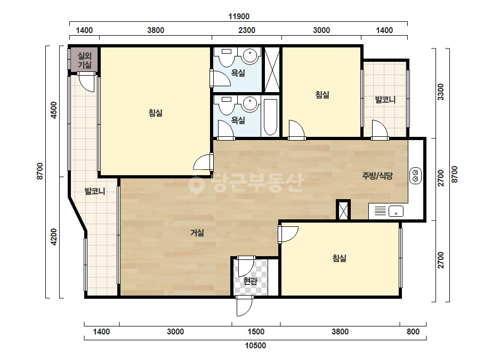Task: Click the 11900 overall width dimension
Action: (239, 17)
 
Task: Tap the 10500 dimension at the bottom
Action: (255, 346)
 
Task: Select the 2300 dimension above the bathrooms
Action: (247, 30)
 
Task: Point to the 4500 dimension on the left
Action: (54, 110)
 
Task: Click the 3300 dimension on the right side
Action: (441, 92)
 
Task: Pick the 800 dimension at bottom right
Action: (413, 332)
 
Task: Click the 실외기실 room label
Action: (84, 60)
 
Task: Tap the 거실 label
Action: (197, 233)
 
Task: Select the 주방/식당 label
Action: (377, 176)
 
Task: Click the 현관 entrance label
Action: (251, 281)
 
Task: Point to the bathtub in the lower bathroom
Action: (270, 117)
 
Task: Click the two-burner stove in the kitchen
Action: (415, 176)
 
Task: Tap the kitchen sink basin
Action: (396, 211)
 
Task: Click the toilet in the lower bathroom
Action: (226, 105)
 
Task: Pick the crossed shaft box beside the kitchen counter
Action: (343, 210)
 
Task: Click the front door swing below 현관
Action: (245, 306)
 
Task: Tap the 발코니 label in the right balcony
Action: (385, 100)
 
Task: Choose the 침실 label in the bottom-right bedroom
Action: (340, 258)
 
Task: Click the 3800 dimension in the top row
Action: (156, 30)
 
